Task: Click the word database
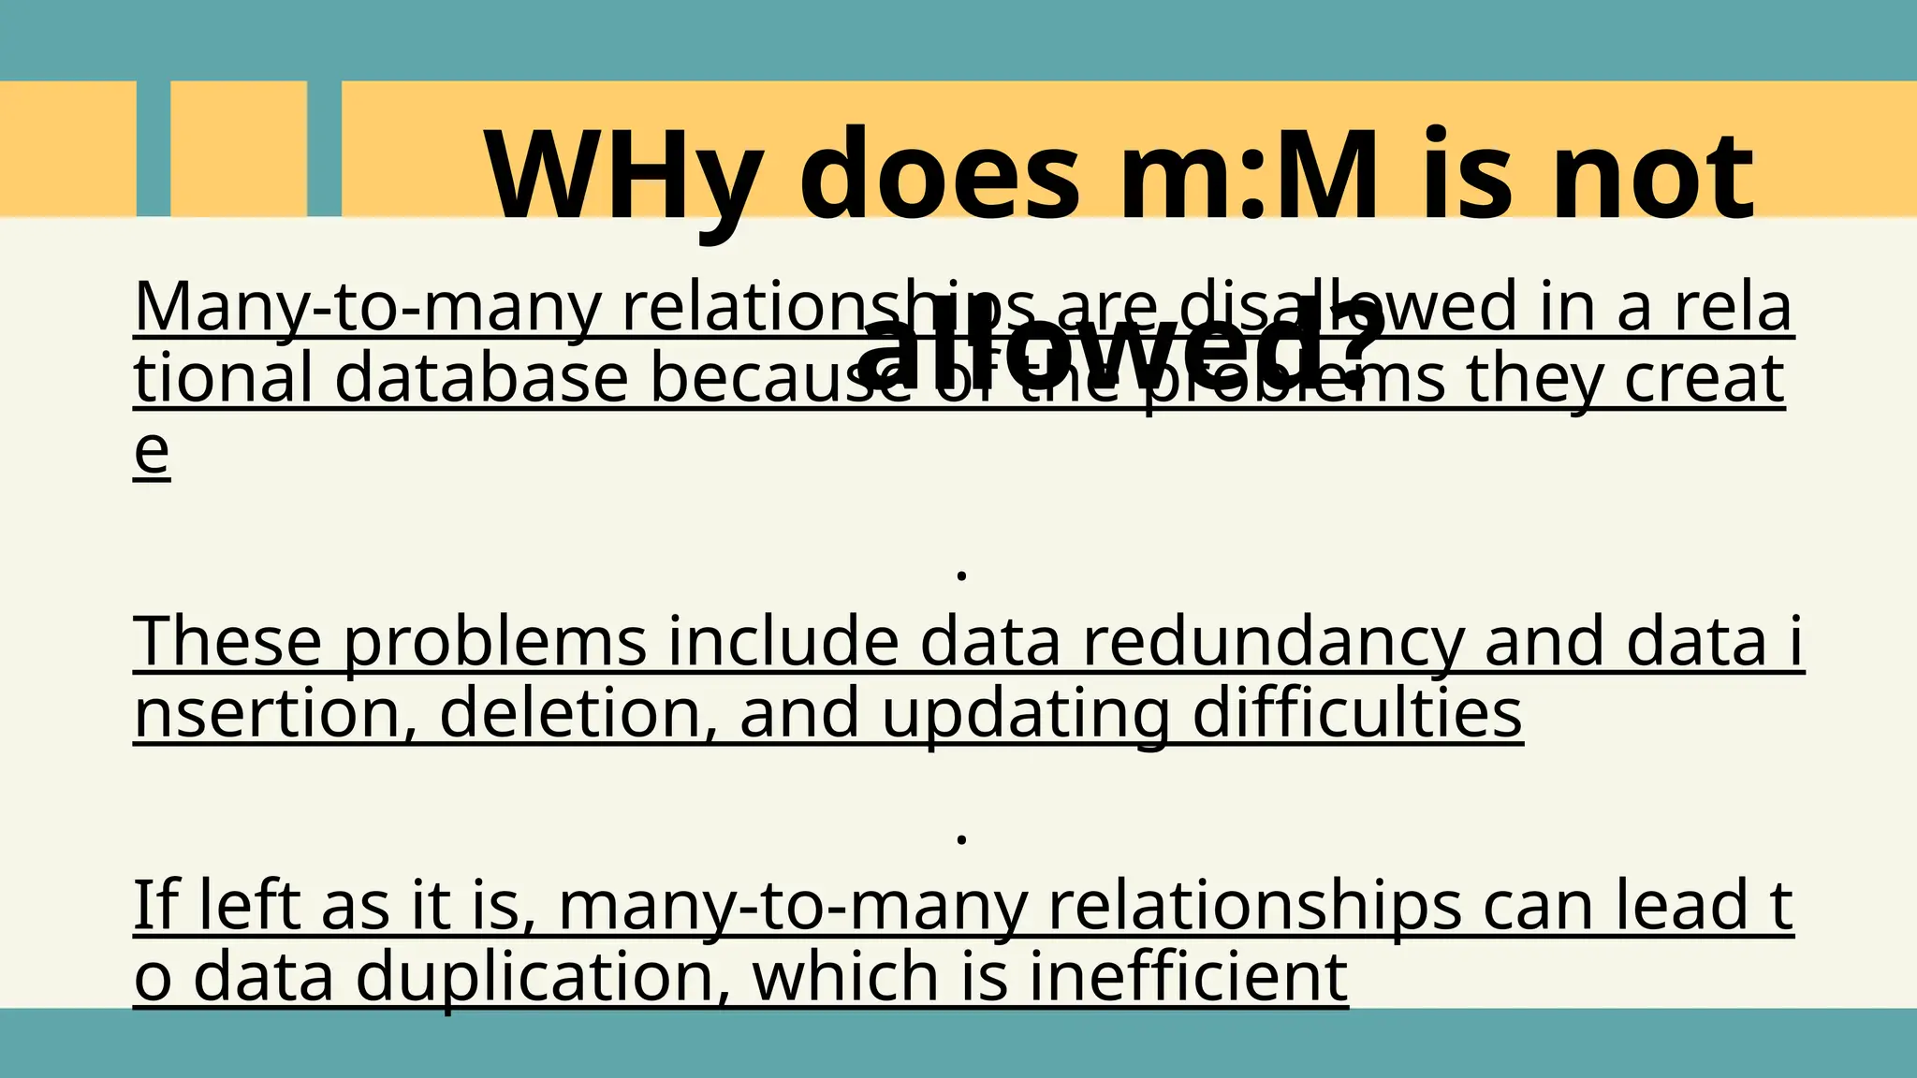click(481, 379)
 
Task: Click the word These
click(227, 643)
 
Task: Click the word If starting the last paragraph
click(154, 906)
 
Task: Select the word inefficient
click(1188, 977)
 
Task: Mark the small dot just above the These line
click(961, 575)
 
